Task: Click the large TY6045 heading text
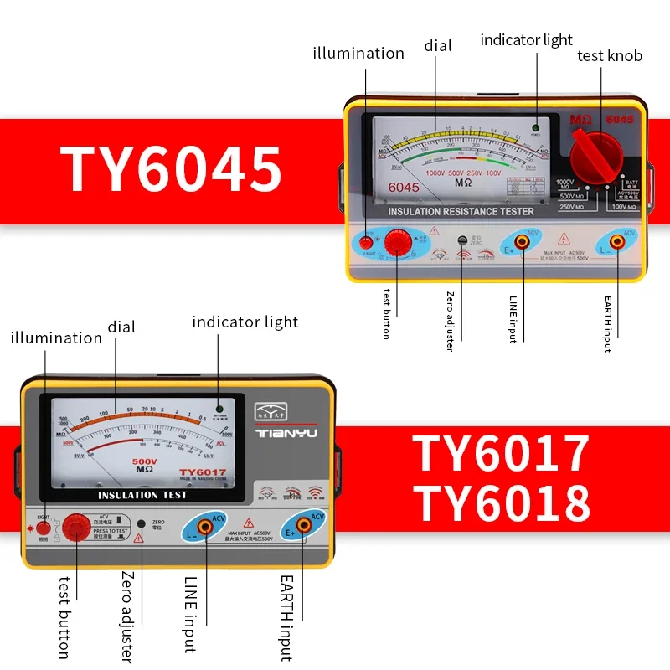[x=171, y=169]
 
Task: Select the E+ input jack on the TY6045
[x=521, y=242]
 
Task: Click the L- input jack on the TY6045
[x=617, y=242]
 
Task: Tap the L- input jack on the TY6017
[x=205, y=528]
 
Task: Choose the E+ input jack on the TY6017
[x=300, y=528]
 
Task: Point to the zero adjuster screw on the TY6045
[x=461, y=240]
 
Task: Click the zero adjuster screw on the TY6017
[x=141, y=523]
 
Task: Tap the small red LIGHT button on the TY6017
[x=43, y=529]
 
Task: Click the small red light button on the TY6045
[x=366, y=242]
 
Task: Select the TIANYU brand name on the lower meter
[x=286, y=434]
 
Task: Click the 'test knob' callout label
[x=610, y=56]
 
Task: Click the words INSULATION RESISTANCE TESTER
[x=460, y=212]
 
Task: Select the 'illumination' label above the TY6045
[x=358, y=54]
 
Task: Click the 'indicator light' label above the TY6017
[x=245, y=322]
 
